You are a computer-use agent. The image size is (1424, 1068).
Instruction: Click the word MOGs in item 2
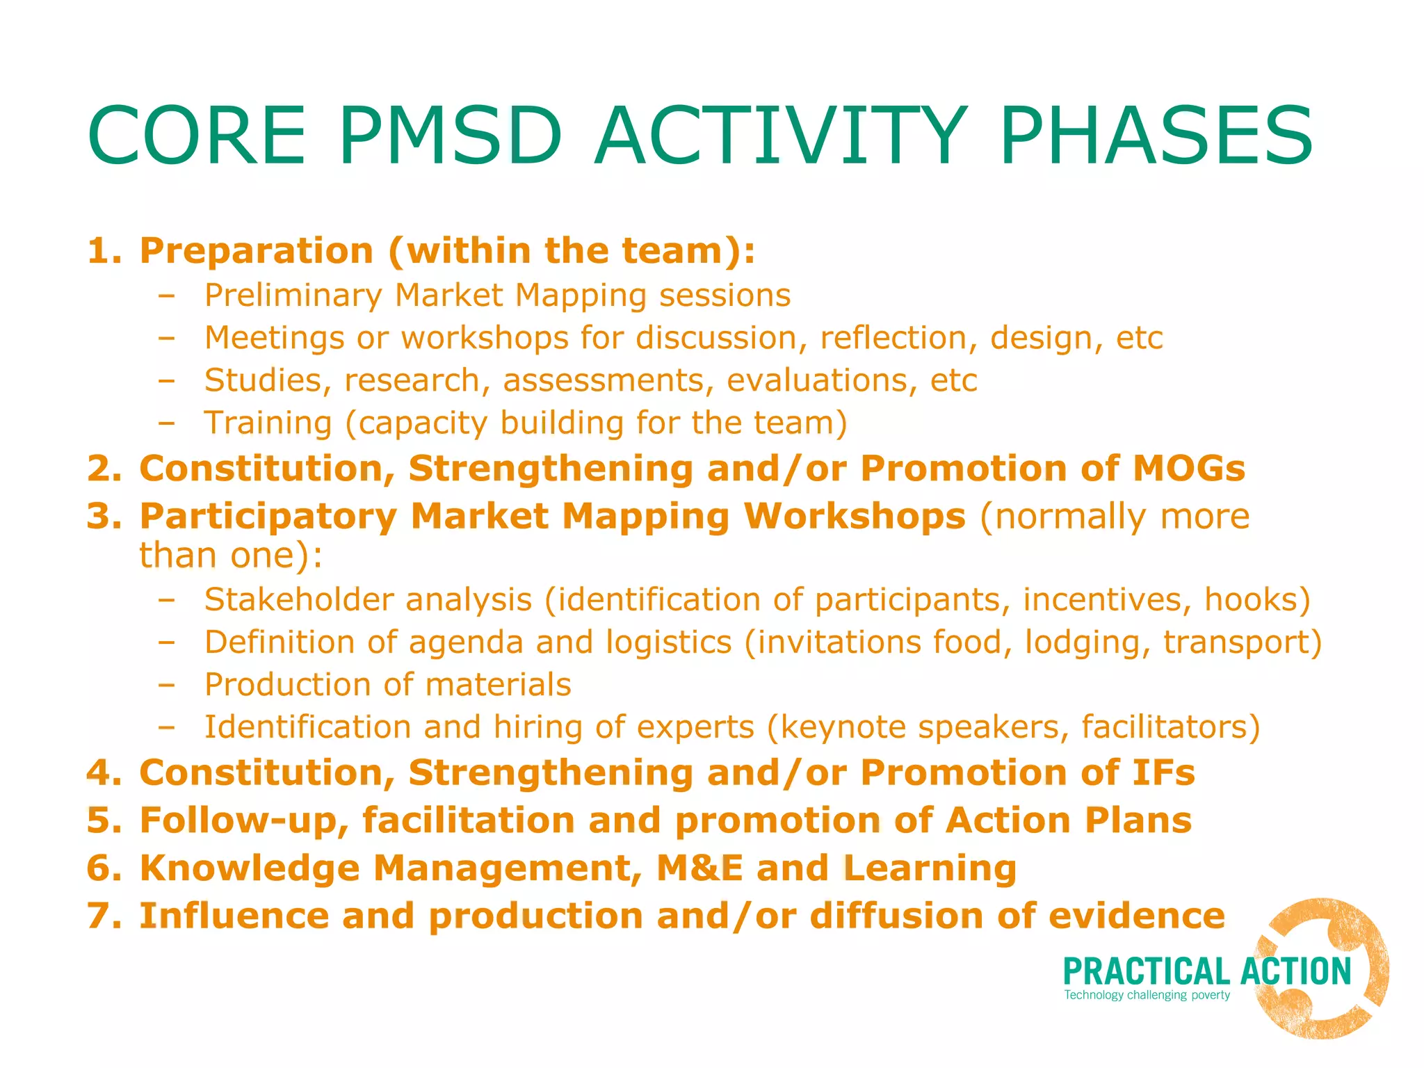(1188, 468)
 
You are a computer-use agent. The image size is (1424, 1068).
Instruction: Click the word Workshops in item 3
(854, 517)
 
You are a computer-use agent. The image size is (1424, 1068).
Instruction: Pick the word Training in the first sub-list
(268, 423)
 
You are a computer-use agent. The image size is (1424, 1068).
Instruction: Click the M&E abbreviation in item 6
(699, 868)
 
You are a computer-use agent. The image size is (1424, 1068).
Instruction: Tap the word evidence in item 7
(1136, 916)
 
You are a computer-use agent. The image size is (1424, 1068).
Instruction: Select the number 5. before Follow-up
(104, 820)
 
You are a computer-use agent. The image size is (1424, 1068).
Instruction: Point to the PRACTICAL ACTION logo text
(1207, 971)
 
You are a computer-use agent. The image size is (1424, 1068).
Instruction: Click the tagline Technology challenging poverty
(1147, 995)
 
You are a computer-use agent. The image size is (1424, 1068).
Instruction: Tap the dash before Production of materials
(166, 685)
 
